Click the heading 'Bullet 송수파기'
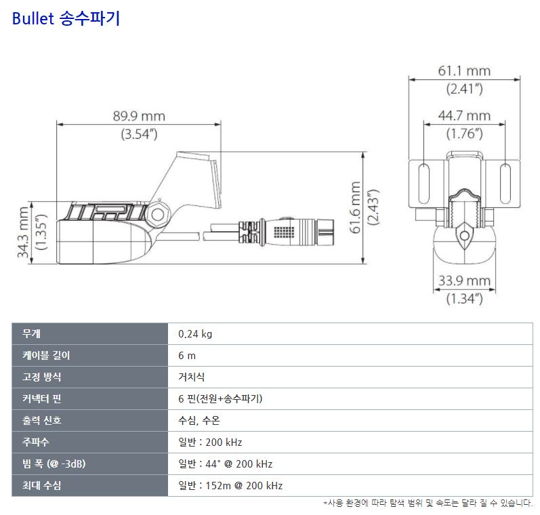(x=66, y=18)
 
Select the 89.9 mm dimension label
(x=139, y=116)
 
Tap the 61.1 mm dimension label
(x=464, y=71)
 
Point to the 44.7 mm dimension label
(x=464, y=116)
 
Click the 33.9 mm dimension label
(x=464, y=281)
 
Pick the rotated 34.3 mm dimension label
(x=23, y=232)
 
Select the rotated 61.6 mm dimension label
(x=355, y=208)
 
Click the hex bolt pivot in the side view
(x=158, y=215)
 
